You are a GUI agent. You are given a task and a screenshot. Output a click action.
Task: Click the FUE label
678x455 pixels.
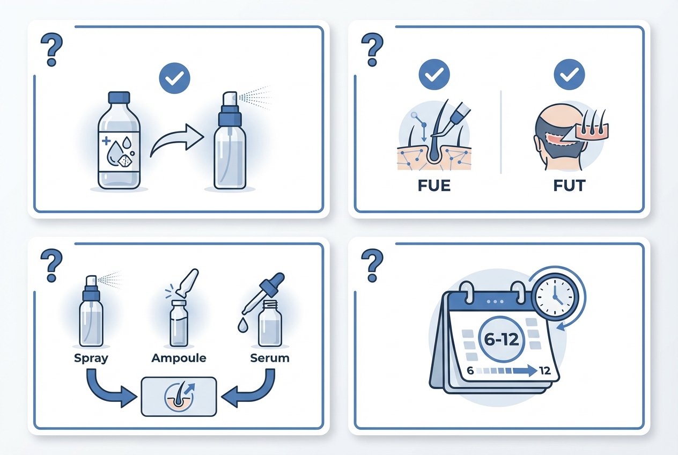coord(434,186)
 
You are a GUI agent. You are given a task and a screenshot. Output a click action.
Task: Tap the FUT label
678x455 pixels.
coord(569,186)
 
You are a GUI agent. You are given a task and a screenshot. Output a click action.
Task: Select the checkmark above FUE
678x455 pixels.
coord(434,75)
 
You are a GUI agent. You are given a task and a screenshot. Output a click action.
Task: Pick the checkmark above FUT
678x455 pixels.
coord(569,75)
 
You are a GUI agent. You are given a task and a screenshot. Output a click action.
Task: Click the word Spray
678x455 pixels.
coord(91,358)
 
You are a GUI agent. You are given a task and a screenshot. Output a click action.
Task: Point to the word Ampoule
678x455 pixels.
coord(179,358)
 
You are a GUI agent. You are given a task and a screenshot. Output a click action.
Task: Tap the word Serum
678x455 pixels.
coord(270,358)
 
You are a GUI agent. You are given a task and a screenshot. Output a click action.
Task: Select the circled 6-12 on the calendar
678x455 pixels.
coord(502,339)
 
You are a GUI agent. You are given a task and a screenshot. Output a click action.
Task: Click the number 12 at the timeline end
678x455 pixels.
coord(545,371)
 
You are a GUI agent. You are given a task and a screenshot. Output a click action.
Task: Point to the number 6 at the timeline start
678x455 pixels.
coord(470,371)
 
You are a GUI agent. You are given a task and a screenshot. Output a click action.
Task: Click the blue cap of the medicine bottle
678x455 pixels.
coord(119,98)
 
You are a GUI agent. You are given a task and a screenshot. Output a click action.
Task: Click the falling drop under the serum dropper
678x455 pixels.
coord(242,326)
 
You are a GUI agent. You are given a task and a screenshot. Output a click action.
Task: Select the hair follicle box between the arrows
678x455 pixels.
coord(179,397)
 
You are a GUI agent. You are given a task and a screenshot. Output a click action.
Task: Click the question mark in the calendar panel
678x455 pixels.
coord(372,266)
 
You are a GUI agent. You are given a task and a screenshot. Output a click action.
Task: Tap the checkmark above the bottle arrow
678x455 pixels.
coord(175,78)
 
